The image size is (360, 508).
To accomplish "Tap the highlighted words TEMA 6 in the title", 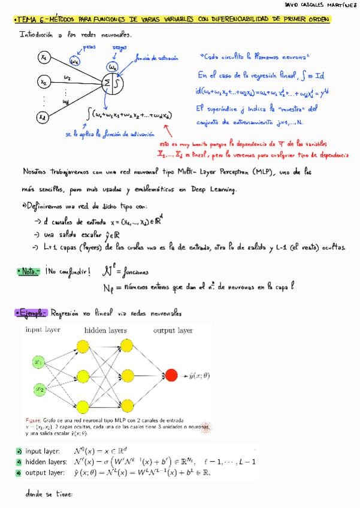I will point(31,20).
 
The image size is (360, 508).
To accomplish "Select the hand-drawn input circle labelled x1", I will point(43,58).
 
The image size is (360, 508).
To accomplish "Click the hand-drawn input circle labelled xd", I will point(43,117).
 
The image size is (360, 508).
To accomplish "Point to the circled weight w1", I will point(74,61).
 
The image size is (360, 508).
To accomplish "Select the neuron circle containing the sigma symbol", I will point(114,83).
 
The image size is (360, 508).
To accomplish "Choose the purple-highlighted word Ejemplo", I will point(30,313).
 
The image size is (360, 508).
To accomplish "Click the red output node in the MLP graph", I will point(172,375).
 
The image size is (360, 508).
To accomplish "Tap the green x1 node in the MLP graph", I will point(37,362).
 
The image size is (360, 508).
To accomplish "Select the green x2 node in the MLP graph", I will point(37,389).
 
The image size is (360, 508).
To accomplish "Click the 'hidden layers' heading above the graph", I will point(105,330).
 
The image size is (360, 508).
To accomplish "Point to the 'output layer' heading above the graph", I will point(173,330).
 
